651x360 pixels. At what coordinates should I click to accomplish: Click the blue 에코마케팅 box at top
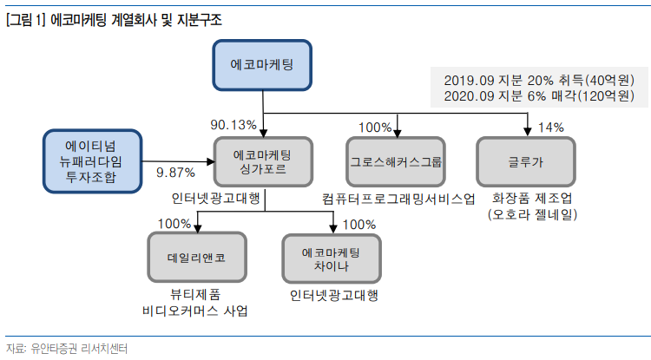pos(262,67)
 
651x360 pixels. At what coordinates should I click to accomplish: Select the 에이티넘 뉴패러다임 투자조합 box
pos(94,161)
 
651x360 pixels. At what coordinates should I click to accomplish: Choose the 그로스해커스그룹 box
pos(396,161)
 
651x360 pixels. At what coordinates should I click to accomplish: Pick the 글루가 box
pos(526,161)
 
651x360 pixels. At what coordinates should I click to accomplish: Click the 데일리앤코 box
pos(197,258)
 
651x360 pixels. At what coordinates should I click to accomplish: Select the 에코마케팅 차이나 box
pos(331,258)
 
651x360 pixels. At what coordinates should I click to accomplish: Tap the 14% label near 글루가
pos(550,128)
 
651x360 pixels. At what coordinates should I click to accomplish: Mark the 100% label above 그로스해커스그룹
pos(374,128)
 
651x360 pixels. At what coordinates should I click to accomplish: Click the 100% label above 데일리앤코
pos(174,224)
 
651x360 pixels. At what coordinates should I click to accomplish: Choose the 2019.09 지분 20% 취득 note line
pos(538,79)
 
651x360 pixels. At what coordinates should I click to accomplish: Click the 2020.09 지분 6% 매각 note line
pos(538,95)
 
